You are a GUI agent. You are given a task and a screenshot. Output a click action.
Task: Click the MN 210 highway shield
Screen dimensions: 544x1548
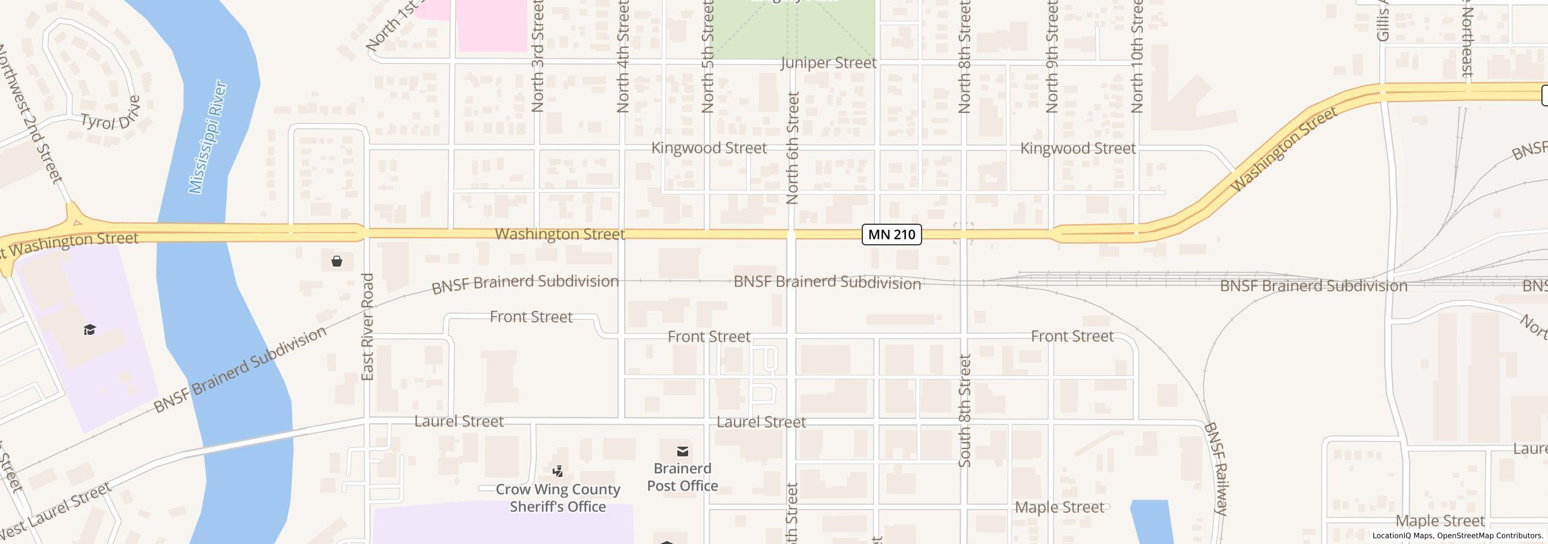(891, 235)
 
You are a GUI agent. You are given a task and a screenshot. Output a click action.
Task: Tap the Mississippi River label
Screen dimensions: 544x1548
(207, 137)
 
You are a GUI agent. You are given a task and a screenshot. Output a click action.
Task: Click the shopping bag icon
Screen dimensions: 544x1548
(337, 261)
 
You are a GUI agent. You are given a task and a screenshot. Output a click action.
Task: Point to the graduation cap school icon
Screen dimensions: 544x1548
(90, 329)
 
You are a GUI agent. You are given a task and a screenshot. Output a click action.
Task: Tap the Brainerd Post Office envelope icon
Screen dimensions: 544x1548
(682, 452)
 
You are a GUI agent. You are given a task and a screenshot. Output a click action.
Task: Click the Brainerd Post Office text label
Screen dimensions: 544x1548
(682, 477)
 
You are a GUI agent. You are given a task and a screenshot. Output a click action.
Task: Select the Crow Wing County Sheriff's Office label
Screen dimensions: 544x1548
(558, 498)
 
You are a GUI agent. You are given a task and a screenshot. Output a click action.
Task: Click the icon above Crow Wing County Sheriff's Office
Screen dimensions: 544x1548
(558, 471)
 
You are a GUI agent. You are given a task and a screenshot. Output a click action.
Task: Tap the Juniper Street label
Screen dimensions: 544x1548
(828, 63)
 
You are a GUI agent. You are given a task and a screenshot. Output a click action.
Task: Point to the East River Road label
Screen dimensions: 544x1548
(368, 327)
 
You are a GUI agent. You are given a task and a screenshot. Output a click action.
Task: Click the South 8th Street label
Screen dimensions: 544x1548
(964, 410)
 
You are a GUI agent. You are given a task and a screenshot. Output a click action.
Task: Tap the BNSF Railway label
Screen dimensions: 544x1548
(1215, 468)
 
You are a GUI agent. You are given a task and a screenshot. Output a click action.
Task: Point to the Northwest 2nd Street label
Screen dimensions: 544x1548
(30, 115)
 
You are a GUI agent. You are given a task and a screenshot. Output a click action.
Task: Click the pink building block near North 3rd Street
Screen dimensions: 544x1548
(492, 26)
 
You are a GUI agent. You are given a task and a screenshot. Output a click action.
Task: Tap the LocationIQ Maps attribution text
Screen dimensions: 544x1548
(1457, 536)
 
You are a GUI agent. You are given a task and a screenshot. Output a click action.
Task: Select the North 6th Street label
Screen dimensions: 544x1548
(793, 148)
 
